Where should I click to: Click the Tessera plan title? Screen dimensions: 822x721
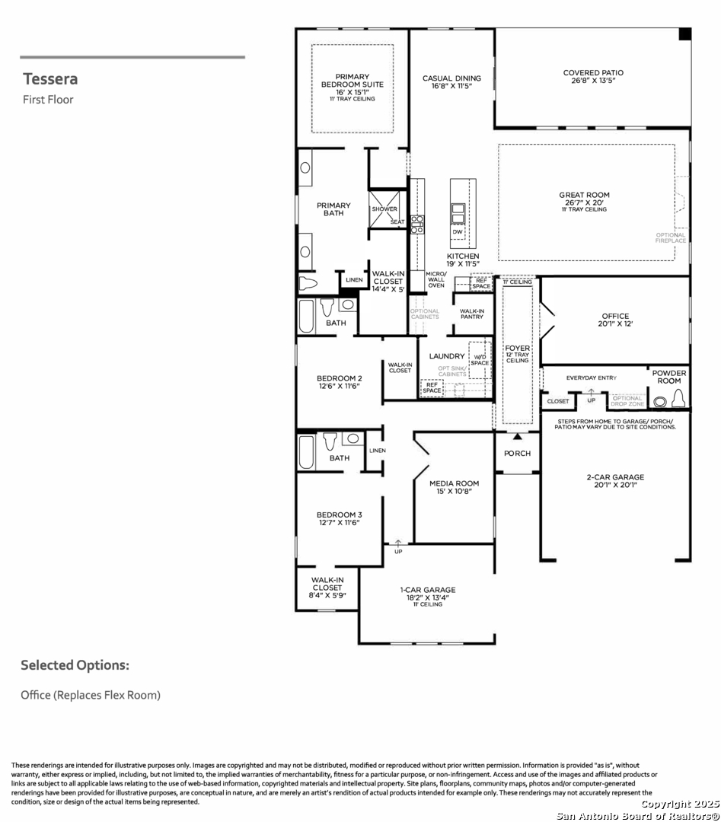[x=50, y=78]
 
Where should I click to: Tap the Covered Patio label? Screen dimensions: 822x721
[x=592, y=73]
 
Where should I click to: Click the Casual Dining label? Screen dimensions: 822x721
[x=451, y=78]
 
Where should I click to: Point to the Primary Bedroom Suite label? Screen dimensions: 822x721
[x=352, y=80]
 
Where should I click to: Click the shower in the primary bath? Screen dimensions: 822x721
[x=385, y=209]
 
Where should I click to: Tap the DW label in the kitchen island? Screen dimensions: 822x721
[x=457, y=231]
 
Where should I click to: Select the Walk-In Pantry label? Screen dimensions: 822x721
[x=472, y=314]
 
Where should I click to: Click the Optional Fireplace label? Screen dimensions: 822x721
[x=671, y=237]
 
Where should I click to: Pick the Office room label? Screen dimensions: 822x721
[x=614, y=316]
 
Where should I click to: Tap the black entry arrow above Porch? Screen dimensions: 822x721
[x=517, y=437]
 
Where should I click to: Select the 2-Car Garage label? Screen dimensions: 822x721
[x=615, y=477]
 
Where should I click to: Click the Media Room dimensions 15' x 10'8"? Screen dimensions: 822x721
[x=454, y=492]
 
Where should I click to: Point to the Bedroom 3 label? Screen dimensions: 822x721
[x=339, y=515]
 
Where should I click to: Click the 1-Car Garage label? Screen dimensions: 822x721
[x=428, y=589]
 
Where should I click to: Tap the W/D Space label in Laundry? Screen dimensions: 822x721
[x=480, y=359]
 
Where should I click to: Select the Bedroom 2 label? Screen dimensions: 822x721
[x=339, y=378]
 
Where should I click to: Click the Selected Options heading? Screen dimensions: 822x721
[x=75, y=665]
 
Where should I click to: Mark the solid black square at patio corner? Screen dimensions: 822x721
[x=684, y=34]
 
